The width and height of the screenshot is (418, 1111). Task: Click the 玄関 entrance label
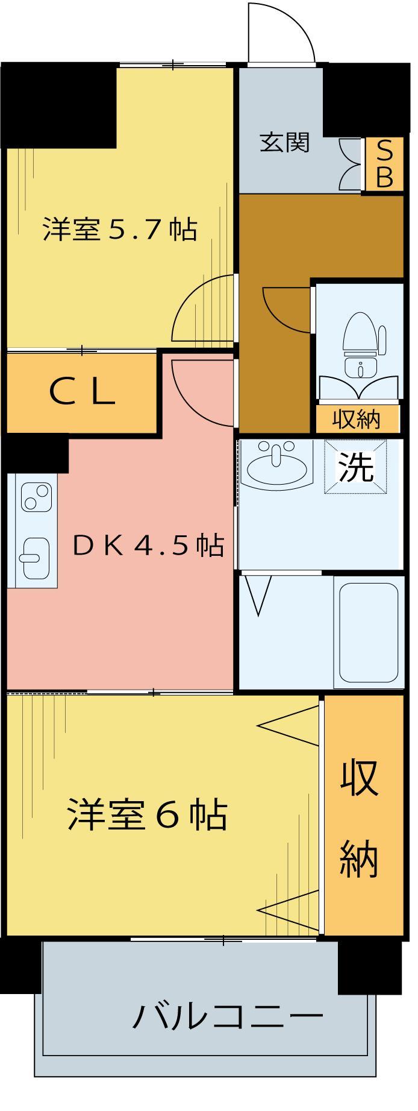284,143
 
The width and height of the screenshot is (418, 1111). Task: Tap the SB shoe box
384,165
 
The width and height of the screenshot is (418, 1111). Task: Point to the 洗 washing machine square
355,467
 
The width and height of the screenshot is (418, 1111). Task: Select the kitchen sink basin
35,555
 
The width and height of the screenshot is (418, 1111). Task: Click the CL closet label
82,392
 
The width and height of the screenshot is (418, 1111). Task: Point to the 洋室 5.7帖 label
119,230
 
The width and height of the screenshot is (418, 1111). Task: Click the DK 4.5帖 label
148,546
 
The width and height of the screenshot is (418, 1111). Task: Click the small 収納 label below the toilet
357,419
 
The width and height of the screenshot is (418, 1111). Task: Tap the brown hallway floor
274,362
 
